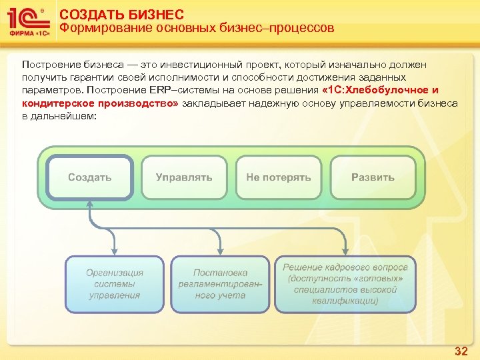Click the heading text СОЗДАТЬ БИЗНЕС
click(122, 14)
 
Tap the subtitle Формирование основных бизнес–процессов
click(197, 29)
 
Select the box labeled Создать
click(90, 177)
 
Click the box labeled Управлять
click(184, 177)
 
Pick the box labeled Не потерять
click(279, 177)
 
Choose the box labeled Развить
click(373, 177)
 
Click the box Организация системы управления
click(115, 284)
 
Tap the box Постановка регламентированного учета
click(220, 284)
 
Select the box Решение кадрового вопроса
click(345, 284)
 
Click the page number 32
click(461, 351)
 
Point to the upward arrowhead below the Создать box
click(91, 205)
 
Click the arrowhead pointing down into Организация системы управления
click(115, 251)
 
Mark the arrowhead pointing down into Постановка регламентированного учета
click(221, 251)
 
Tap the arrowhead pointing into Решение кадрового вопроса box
click(345, 251)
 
